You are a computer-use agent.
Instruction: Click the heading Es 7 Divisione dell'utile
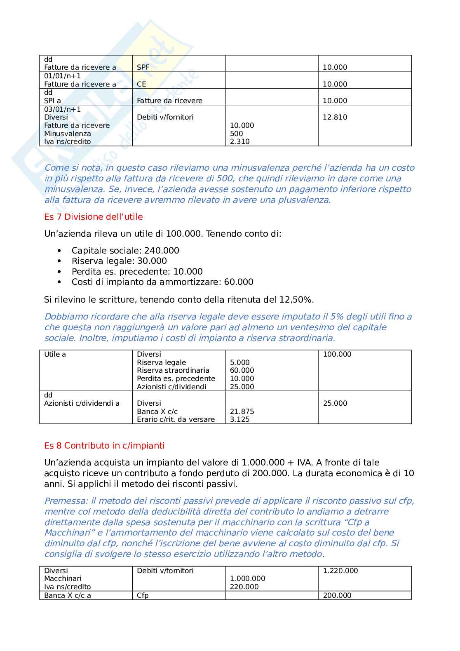point(93,217)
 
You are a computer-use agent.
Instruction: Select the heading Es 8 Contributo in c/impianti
point(104,446)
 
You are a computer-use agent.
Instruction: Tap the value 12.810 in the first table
point(335,117)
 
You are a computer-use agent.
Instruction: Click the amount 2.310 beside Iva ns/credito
point(239,141)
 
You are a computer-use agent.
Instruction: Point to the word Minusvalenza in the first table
point(68,134)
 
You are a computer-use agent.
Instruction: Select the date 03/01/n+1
point(63,109)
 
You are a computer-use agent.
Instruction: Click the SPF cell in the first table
point(143,67)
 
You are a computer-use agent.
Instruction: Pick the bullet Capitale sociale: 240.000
point(125,251)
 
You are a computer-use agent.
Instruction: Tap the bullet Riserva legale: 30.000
point(119,261)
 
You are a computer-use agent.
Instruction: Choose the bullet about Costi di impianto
point(162,282)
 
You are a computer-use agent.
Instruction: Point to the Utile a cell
point(55,354)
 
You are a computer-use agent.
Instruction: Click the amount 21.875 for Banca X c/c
point(242,411)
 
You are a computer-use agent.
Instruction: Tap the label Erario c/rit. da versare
point(176,419)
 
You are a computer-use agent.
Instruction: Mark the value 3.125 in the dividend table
point(239,419)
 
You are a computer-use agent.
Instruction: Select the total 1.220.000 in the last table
point(340,571)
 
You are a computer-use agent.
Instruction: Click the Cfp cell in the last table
point(143,595)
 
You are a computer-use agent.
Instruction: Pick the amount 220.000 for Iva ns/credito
point(244,587)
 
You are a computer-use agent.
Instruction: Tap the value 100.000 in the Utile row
point(337,354)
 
